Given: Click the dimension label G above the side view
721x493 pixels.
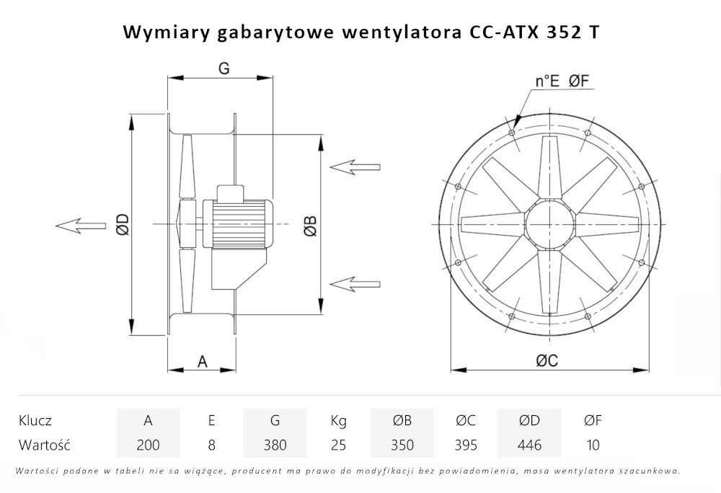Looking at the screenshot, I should click(x=224, y=68).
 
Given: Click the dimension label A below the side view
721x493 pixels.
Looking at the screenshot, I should click(x=203, y=361).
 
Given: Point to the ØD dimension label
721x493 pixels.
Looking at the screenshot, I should click(x=122, y=225).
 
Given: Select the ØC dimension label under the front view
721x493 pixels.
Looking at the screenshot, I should click(x=547, y=362).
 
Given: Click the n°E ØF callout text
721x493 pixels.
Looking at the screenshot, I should click(x=563, y=81).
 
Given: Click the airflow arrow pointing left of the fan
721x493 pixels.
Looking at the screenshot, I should click(x=79, y=226).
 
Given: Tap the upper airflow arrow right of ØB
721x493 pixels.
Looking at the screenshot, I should click(x=355, y=166).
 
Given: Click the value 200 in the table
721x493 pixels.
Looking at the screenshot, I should click(x=148, y=445).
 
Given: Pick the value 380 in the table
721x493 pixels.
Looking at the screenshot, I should click(x=275, y=445).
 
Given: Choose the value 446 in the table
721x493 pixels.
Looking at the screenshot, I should click(x=529, y=445).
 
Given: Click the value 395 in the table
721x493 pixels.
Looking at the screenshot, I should click(x=466, y=445).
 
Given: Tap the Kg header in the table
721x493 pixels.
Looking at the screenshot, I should click(x=338, y=420).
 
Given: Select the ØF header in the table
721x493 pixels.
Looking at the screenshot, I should click(x=593, y=420).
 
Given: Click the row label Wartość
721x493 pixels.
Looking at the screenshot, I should click(x=44, y=445).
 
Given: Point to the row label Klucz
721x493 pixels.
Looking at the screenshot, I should click(x=35, y=420).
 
